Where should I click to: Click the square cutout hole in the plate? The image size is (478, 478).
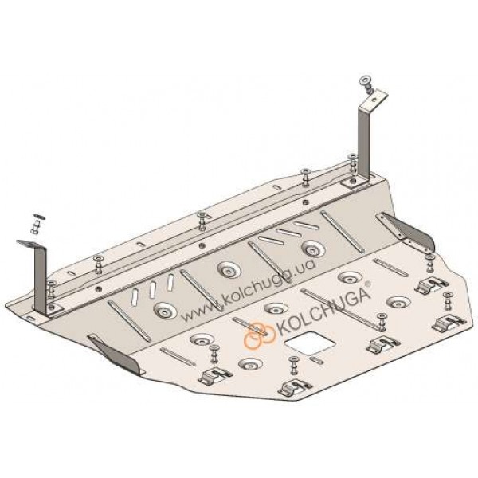tap(309, 343)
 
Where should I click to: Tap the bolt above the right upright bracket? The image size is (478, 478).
tap(366, 83)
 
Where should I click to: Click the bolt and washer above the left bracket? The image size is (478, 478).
tap(37, 223)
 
